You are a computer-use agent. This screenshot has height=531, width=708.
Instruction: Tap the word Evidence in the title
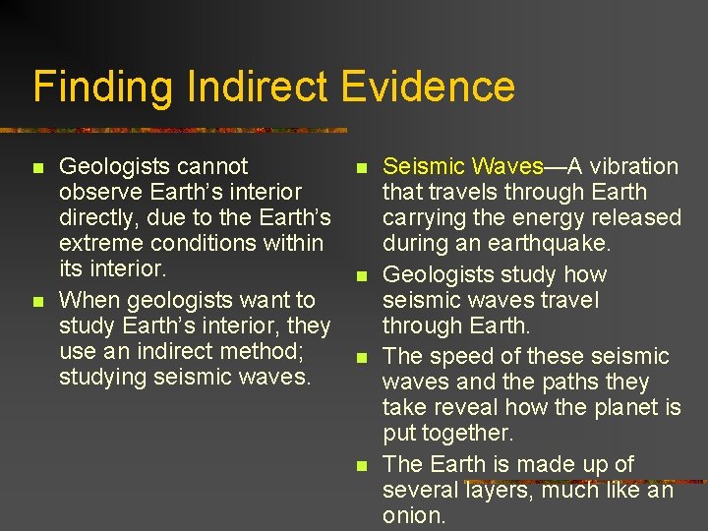pos(429,87)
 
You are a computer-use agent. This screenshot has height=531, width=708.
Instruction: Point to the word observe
pos(96,192)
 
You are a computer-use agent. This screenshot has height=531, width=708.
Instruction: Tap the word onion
pos(414,515)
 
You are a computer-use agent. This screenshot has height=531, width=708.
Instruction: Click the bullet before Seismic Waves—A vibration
pos(362,168)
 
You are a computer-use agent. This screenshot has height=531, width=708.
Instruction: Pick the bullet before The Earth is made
pos(362,465)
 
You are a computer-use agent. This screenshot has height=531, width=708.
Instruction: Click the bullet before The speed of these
pos(362,358)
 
